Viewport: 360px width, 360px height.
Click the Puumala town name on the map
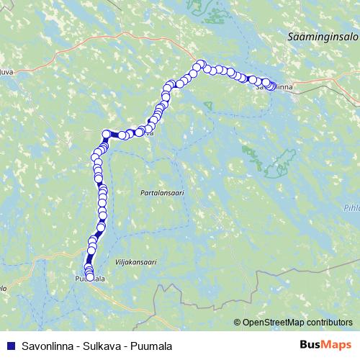[x=90, y=279]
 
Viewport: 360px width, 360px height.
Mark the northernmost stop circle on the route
[x=202, y=64]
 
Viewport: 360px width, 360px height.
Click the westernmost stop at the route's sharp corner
[x=107, y=133]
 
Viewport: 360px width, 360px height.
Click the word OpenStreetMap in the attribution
[x=274, y=323]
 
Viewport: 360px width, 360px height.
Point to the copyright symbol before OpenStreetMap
[x=238, y=323]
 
